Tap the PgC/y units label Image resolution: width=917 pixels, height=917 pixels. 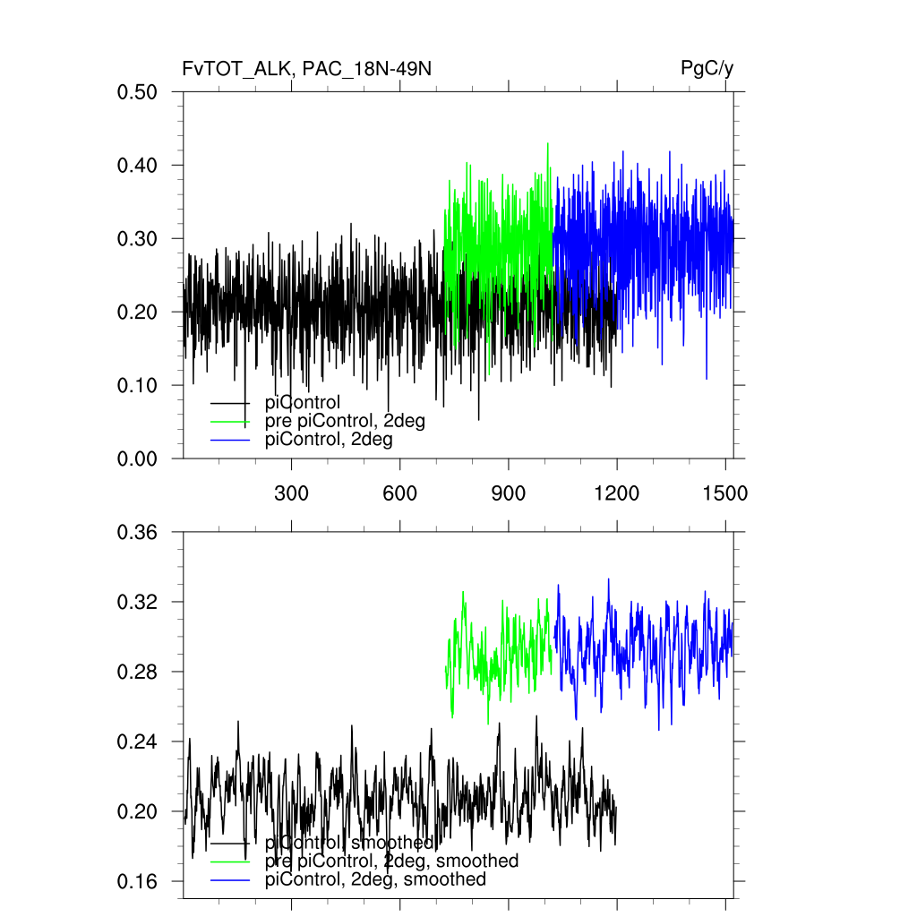point(707,69)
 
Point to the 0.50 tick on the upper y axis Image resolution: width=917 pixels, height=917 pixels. point(138,92)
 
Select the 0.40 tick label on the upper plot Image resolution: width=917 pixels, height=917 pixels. point(138,166)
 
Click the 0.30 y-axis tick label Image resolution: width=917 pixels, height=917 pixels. point(138,239)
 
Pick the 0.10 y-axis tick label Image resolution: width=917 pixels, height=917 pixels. point(138,386)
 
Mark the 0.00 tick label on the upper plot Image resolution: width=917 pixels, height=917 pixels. point(138,459)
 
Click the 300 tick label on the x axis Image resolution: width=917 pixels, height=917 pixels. point(291,493)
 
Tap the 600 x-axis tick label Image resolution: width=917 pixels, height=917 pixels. point(399,493)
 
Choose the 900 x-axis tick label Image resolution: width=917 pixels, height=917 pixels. point(509,493)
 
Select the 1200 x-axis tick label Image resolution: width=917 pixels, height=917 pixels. point(617,493)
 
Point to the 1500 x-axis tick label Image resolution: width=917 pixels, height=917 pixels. point(725,493)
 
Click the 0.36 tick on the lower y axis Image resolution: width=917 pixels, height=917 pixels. point(138,533)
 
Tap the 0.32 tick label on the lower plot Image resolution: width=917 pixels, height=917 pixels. point(138,603)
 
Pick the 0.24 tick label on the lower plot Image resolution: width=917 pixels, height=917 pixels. point(138,742)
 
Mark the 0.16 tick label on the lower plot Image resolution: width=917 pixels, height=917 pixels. point(138,882)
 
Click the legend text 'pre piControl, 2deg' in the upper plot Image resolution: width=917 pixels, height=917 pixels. point(345,421)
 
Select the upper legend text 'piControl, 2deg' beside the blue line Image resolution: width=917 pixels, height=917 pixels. point(329,440)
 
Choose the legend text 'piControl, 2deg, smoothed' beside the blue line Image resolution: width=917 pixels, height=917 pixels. point(375,879)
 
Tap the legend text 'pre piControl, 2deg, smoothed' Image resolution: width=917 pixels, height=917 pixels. point(391,861)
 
